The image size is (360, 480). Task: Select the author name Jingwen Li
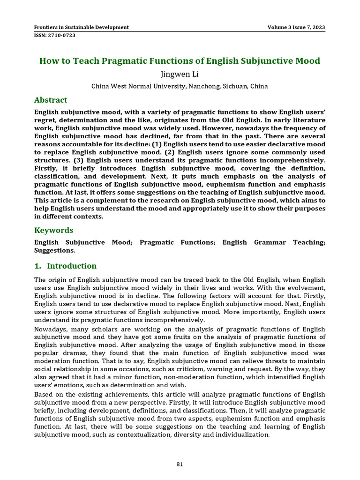pos(180,74)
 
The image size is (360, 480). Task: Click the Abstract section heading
pos(51,100)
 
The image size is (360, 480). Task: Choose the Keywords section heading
pos(54,230)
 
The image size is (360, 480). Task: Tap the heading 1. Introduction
pos(66,266)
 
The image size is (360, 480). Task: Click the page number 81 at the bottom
pos(180,465)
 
